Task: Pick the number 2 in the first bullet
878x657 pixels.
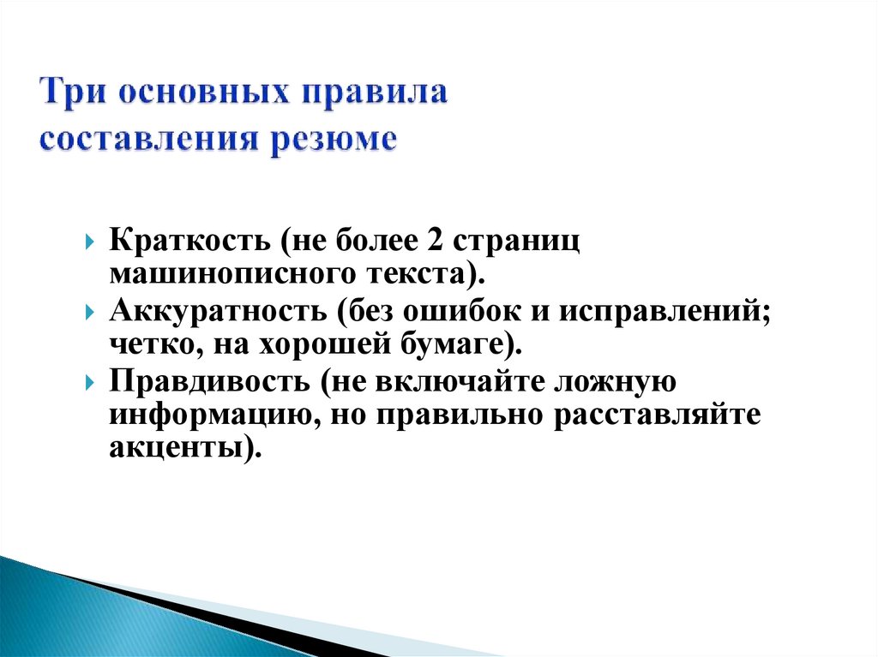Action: click(432, 242)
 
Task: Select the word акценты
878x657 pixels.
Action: click(175, 448)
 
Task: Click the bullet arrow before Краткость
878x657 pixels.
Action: click(91, 244)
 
